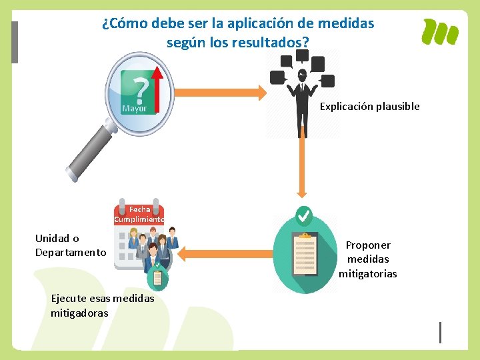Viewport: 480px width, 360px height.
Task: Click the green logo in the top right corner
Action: coord(441,32)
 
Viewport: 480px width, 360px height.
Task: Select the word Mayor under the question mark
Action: coord(134,108)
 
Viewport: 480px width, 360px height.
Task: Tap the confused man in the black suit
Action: coord(302,100)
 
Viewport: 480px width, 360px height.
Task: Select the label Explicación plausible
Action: coord(369,107)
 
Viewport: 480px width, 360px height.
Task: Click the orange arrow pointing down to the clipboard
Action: coord(302,167)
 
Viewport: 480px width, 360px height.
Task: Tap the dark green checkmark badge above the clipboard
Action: coord(303,216)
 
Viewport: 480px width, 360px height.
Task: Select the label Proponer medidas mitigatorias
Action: coord(367,259)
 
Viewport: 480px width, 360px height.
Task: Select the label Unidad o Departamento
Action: coord(70,245)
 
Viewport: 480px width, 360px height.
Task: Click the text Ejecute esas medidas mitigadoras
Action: coord(102,305)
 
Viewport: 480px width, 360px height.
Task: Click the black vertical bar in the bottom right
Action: coord(440,332)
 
